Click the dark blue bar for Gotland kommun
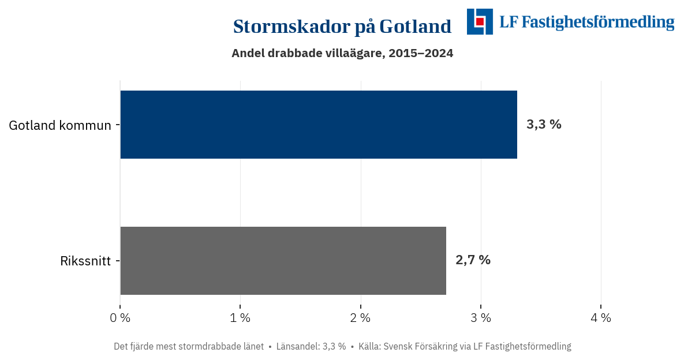tap(318, 125)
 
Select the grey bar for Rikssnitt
tap(283, 261)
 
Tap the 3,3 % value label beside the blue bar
tap(543, 125)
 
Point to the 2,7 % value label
tap(473, 260)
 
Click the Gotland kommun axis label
tap(59, 125)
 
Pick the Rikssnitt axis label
tap(85, 261)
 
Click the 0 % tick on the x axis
tap(120, 317)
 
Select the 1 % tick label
tap(240, 317)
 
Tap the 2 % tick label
tap(361, 317)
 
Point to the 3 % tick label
tap(481, 317)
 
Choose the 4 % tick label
tap(601, 317)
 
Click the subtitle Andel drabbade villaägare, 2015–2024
tap(342, 53)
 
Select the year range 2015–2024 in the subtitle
tap(421, 53)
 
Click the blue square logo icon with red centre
tap(480, 21)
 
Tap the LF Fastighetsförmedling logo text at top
tap(586, 22)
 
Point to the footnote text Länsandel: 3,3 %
tap(311, 347)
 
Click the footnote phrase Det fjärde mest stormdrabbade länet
tap(189, 347)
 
